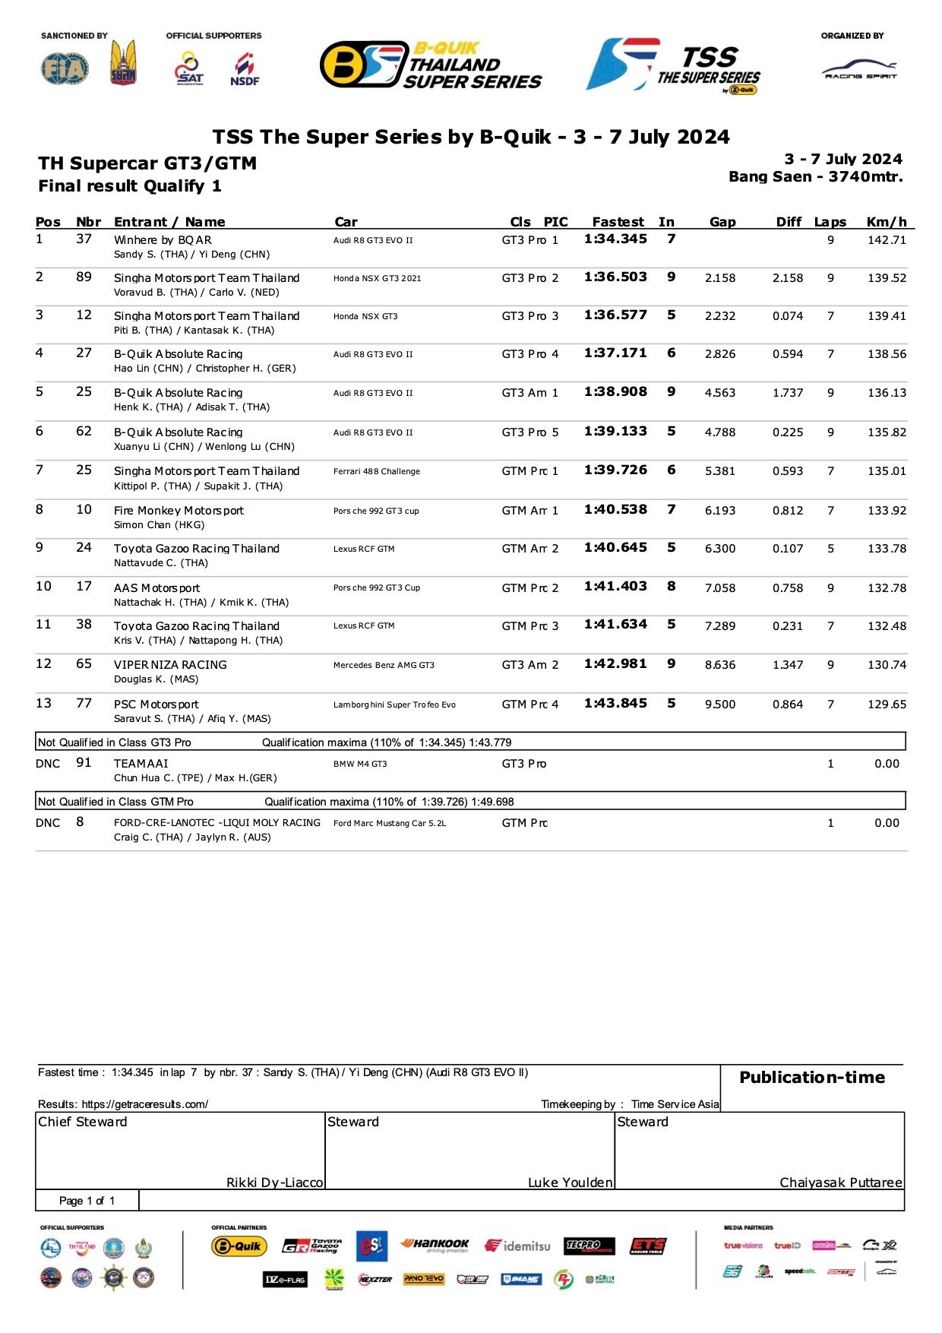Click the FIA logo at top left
coord(65,68)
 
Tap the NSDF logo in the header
coord(245,69)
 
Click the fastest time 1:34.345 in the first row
coord(615,239)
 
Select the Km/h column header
coord(887,222)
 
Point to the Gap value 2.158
coord(719,278)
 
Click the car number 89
coord(84,277)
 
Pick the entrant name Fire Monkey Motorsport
coord(179,511)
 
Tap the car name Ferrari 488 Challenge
coord(376,471)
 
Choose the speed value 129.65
coord(887,704)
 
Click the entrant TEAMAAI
coord(141,764)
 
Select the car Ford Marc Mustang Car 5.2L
coord(389,823)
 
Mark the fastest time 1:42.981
coord(615,664)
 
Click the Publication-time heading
coord(811,1078)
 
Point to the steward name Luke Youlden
coord(570,1183)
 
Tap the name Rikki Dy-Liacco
coord(274,1183)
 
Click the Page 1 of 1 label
coord(87,1201)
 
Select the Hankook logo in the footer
coord(435,1245)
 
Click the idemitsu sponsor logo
coord(517,1246)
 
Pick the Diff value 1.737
coord(787,393)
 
